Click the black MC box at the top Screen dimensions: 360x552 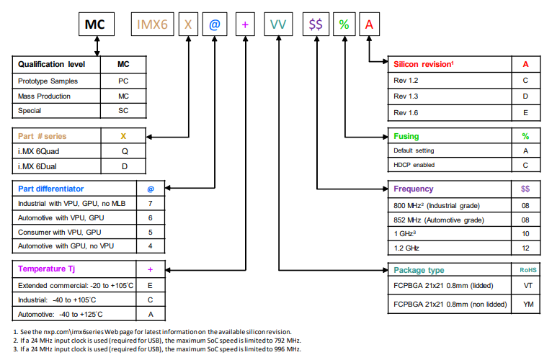(x=95, y=24)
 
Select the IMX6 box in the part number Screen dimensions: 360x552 (x=152, y=24)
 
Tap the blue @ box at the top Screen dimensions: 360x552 (x=214, y=24)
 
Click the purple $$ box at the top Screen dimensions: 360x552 (x=315, y=24)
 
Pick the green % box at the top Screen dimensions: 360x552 (x=344, y=24)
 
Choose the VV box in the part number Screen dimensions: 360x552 (x=278, y=24)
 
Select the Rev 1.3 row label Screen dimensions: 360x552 (x=406, y=96)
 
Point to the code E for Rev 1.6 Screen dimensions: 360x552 (x=525, y=112)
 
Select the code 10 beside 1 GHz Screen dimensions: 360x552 (x=525, y=233)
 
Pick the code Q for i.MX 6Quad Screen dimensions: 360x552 (x=123, y=151)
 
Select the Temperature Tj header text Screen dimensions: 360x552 (x=48, y=269)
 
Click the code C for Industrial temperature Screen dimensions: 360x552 (x=150, y=299)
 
